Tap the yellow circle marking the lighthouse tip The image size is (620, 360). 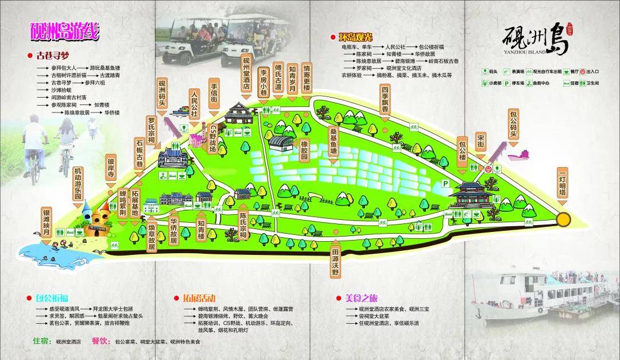pyautogui.click(x=563, y=219)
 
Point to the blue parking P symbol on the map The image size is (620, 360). pyautogui.click(x=444, y=182)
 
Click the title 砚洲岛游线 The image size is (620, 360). pyautogui.click(x=64, y=32)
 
